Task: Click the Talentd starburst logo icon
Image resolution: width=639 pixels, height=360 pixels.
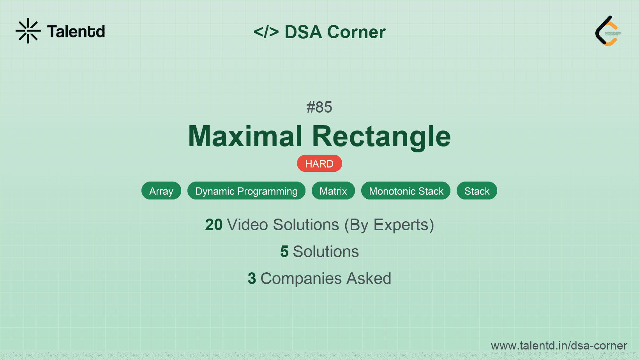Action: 28,31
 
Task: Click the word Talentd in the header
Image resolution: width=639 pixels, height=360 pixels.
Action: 76,32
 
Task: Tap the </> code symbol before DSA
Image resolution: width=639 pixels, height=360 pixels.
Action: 266,32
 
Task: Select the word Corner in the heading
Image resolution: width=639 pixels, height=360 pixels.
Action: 356,32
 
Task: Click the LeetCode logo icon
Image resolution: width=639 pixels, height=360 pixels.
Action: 608,31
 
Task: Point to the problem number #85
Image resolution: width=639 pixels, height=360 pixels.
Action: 319,107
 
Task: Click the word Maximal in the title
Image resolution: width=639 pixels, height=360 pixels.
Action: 245,136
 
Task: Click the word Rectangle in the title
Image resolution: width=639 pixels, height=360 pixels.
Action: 381,136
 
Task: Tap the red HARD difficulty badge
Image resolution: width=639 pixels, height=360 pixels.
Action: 319,164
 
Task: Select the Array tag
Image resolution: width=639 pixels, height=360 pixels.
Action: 161,191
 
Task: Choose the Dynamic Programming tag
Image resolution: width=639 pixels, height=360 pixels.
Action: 246,191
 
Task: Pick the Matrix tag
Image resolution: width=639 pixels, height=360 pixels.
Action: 333,191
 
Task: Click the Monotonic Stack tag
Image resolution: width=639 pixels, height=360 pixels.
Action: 406,191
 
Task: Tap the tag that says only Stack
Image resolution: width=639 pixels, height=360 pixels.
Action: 477,191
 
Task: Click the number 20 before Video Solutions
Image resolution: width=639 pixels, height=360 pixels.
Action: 214,225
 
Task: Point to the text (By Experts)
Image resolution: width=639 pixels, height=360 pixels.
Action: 389,225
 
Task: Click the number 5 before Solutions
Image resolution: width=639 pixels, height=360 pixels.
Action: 284,252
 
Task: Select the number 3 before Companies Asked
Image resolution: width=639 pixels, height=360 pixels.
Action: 252,279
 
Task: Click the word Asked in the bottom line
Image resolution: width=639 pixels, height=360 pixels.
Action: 369,279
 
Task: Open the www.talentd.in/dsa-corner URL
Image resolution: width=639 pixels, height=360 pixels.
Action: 559,346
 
